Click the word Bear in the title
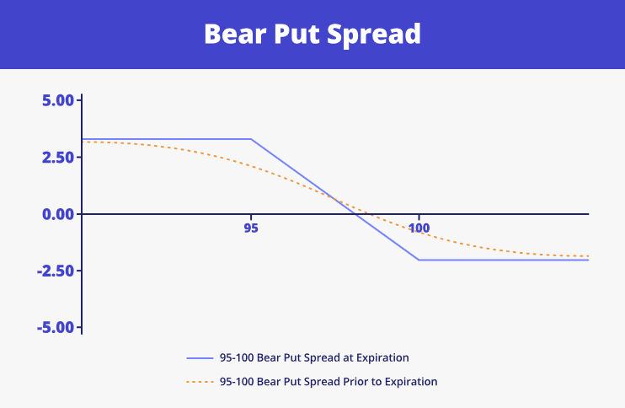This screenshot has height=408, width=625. (x=235, y=34)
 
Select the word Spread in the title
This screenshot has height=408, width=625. (x=374, y=36)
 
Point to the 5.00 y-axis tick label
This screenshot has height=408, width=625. (x=58, y=100)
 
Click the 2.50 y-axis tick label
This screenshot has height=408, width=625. (x=58, y=157)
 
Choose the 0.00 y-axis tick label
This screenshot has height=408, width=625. (x=58, y=214)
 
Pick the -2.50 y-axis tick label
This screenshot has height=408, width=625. (x=56, y=271)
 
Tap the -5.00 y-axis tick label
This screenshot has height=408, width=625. (x=56, y=328)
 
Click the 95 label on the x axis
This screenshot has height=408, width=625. (x=251, y=228)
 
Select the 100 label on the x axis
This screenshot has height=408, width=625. (x=419, y=228)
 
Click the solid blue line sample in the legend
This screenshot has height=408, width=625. (x=200, y=358)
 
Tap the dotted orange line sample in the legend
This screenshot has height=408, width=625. (x=200, y=382)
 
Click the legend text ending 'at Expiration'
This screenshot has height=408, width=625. (x=314, y=357)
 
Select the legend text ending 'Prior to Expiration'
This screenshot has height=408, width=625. (x=329, y=382)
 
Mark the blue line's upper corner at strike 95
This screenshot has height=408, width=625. (x=251, y=139)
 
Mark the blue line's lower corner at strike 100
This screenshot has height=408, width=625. (x=419, y=260)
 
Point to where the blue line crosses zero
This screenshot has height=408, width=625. (x=355, y=214)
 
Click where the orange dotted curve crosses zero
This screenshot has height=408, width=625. (x=370, y=214)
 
